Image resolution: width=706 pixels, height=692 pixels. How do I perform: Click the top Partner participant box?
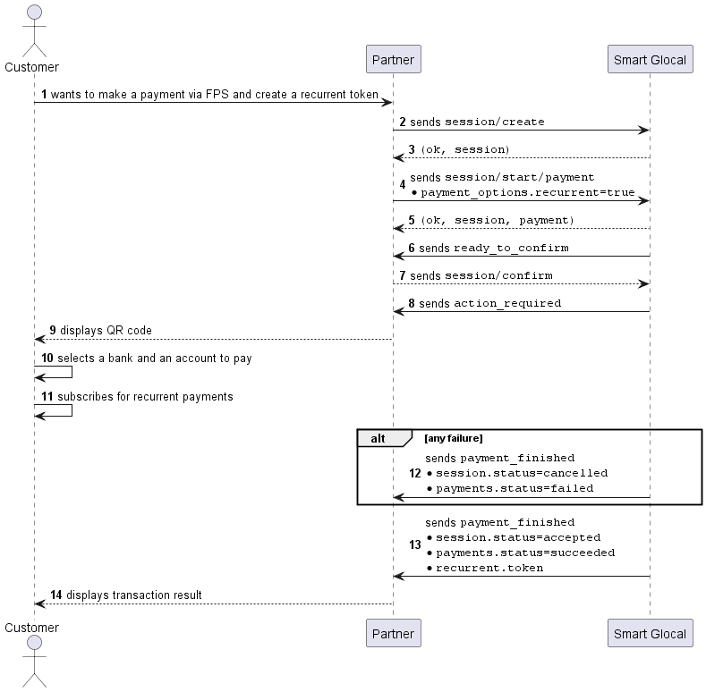[x=394, y=59]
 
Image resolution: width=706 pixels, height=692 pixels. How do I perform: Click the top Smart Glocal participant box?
[x=651, y=59]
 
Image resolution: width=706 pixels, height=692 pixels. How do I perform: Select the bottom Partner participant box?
[x=394, y=633]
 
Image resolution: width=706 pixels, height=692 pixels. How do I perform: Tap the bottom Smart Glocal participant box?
[x=651, y=633]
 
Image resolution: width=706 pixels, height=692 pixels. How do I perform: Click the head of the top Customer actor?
[x=35, y=13]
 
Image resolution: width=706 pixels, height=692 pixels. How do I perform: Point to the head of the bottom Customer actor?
[x=35, y=643]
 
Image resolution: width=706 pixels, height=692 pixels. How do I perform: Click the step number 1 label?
[x=44, y=95]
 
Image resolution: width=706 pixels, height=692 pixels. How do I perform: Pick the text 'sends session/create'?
[x=477, y=122]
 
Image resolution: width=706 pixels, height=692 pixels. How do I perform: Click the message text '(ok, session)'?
[x=465, y=149]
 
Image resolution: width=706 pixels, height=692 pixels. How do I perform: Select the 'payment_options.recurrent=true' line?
[x=528, y=192]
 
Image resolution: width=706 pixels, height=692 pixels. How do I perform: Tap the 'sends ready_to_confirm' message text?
[x=493, y=248]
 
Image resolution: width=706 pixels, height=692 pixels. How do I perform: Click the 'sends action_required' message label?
[x=489, y=303]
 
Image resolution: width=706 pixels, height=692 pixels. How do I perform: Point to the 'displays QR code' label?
[x=106, y=330]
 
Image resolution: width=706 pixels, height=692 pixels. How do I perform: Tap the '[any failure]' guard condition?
[x=454, y=438]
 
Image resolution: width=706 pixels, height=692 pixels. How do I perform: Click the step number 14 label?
[x=55, y=595]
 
